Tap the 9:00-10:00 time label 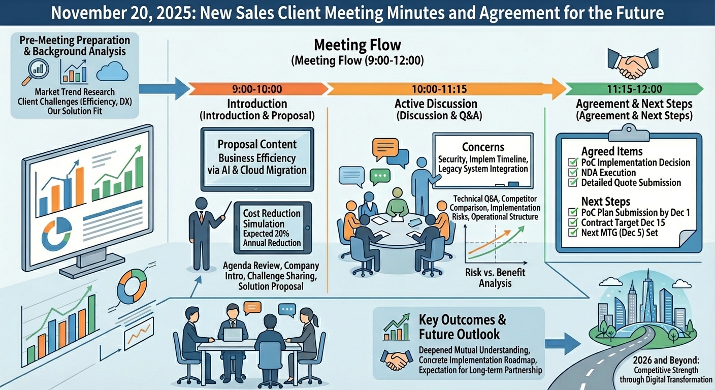pyautogui.click(x=256, y=89)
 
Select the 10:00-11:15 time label pyautogui.click(x=439, y=89)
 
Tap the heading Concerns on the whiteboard pyautogui.click(x=483, y=147)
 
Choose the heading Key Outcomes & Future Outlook pyautogui.click(x=462, y=327)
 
